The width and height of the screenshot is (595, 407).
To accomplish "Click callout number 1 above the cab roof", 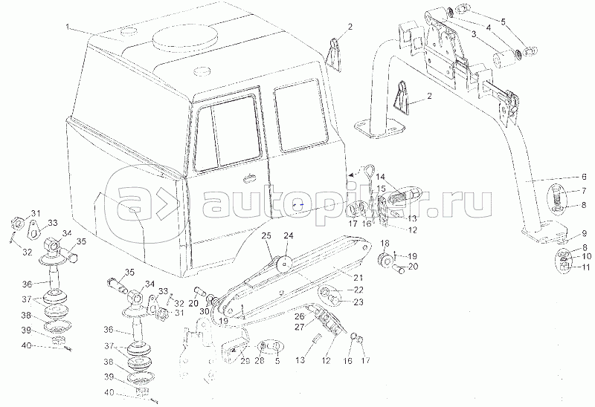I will coord(68,27).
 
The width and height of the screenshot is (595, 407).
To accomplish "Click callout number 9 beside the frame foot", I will coord(584,233).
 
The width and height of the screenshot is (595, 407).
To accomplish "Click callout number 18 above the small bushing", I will coord(385,244).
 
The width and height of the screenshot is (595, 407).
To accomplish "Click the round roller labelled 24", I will coord(281,265).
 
